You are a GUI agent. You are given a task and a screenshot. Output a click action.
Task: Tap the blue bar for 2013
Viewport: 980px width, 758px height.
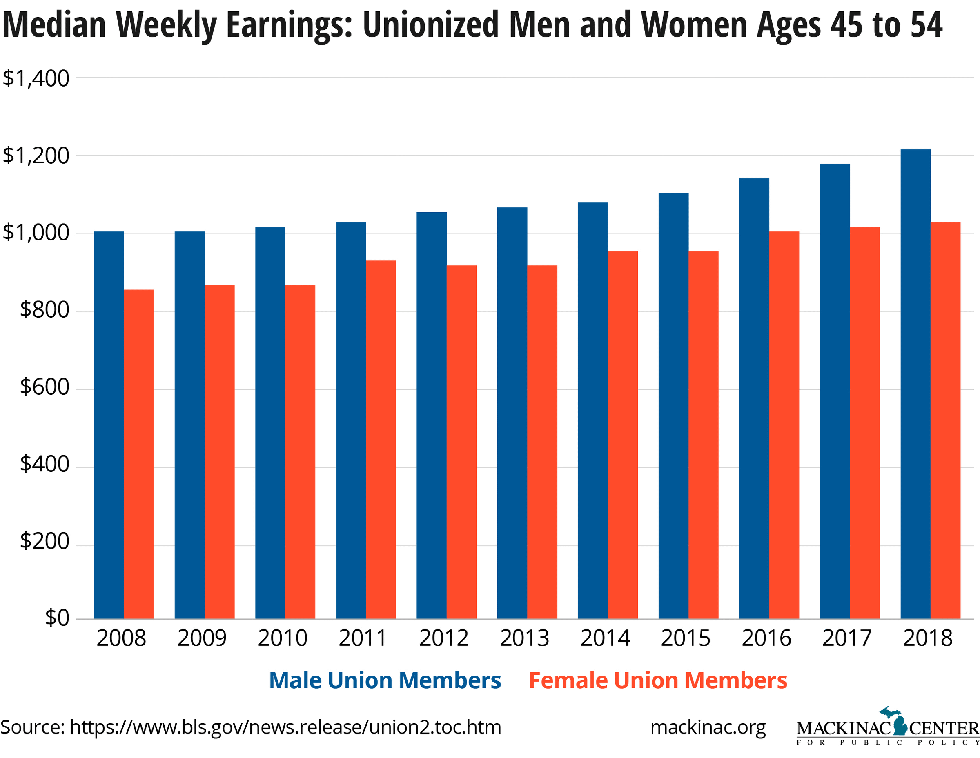[512, 413]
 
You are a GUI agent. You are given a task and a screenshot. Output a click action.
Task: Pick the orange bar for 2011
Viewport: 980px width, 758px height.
[381, 440]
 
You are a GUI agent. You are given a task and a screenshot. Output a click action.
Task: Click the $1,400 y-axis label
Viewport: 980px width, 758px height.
[36, 78]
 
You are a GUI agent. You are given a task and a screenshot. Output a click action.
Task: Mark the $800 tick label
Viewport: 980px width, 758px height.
[45, 310]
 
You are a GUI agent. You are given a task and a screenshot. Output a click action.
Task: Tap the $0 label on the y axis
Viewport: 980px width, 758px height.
[57, 618]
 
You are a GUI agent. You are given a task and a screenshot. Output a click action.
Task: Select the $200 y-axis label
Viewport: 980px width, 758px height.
[45, 541]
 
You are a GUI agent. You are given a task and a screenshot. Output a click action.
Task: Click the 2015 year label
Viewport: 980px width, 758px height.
[686, 638]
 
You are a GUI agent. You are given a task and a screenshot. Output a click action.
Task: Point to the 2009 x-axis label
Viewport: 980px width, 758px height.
[202, 638]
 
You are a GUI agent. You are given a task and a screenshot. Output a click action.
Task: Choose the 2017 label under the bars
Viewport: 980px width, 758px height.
[847, 638]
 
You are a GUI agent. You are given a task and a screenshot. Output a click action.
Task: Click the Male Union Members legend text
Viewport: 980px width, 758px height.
[385, 680]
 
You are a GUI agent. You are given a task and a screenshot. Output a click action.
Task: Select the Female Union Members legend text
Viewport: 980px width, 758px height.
[658, 680]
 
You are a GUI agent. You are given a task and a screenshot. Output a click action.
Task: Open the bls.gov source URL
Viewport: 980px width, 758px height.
[285, 727]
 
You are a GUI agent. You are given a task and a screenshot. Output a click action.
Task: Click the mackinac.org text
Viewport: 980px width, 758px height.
[708, 727]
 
